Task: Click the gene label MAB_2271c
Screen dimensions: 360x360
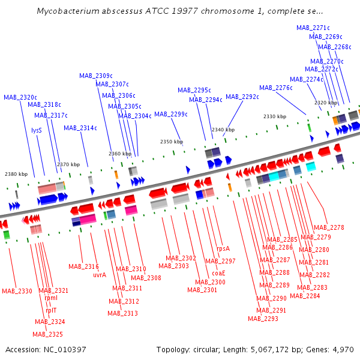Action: click(x=313, y=28)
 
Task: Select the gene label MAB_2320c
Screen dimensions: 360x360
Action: click(x=20, y=97)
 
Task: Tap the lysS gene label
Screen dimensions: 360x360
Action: click(x=37, y=130)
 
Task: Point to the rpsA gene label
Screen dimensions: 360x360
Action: click(x=223, y=248)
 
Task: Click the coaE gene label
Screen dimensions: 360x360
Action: click(x=218, y=273)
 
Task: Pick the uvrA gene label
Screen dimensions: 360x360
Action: click(x=100, y=275)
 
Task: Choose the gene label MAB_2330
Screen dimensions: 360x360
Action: click(x=17, y=291)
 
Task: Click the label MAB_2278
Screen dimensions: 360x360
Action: click(x=329, y=227)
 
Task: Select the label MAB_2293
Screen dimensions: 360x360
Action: click(x=263, y=319)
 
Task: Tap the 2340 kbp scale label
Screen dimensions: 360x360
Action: click(x=223, y=130)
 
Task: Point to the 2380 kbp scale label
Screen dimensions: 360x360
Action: click(x=16, y=174)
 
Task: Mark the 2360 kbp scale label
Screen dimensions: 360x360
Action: click(x=120, y=154)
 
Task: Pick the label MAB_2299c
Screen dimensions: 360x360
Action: click(x=170, y=114)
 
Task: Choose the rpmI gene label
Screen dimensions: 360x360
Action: click(x=51, y=298)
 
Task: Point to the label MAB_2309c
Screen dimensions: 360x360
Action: click(x=96, y=76)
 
